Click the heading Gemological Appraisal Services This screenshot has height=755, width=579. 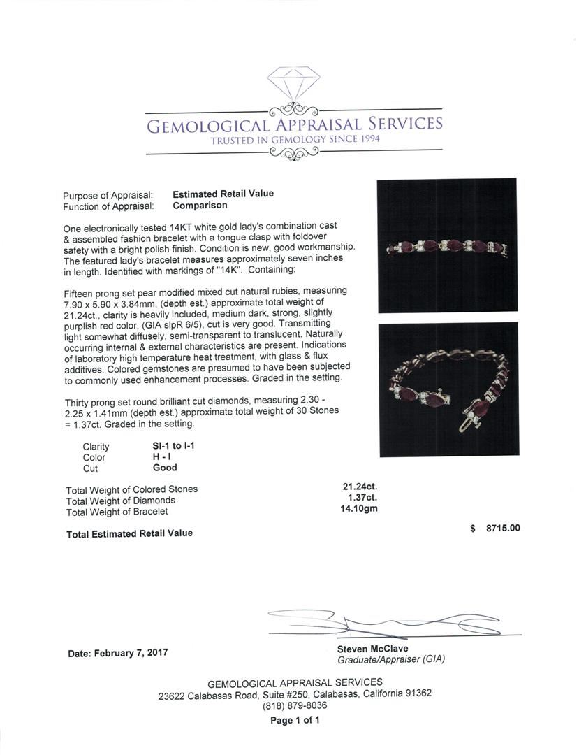coord(293,125)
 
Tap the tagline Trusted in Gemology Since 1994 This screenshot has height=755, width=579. coord(293,140)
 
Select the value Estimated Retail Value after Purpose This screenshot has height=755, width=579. coord(223,194)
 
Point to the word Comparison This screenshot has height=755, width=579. coord(200,206)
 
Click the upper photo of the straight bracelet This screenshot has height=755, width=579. coord(446,246)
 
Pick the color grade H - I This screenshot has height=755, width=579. coord(163,457)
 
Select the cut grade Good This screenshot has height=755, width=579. coord(165,468)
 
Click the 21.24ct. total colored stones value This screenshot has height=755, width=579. coord(360,487)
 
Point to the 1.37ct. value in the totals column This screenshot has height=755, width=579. coord(362,498)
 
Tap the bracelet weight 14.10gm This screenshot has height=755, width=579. coord(358,509)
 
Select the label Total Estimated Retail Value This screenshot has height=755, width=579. coord(129,533)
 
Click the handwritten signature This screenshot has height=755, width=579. coord(377,621)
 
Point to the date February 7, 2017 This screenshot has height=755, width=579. coord(118,653)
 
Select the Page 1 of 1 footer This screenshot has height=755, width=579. coord(295,720)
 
